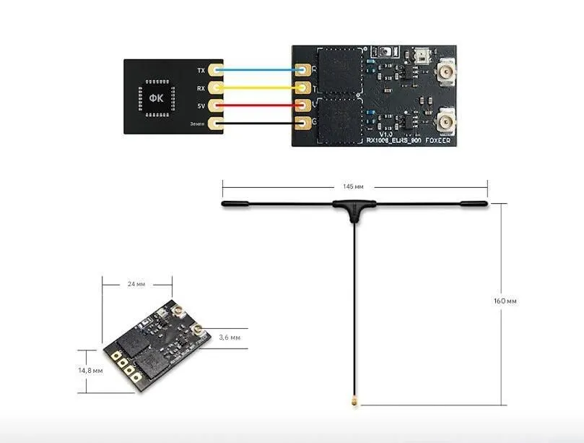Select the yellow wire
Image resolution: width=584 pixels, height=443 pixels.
(260, 88)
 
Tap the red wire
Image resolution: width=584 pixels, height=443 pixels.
(260, 106)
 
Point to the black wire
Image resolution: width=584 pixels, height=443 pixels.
(260, 124)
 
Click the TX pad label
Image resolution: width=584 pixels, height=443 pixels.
(201, 70)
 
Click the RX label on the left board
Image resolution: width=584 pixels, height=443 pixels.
(201, 88)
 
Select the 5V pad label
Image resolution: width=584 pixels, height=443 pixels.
(201, 106)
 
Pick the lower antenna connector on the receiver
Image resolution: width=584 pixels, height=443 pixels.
(446, 120)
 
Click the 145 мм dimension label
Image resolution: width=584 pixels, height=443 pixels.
(354, 186)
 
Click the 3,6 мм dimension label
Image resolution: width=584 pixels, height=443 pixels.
(230, 337)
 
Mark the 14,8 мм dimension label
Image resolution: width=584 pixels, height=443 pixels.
(92, 370)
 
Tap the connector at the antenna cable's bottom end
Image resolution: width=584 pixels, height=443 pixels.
(355, 399)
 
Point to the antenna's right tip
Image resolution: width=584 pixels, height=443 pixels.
(483, 205)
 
